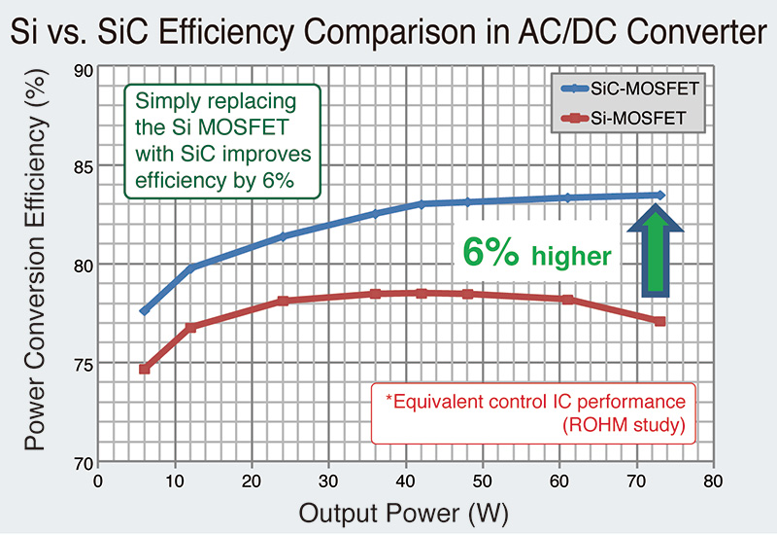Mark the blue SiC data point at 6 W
click(144, 311)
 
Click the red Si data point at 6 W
click(144, 370)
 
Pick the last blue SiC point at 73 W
click(660, 196)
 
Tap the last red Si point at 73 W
click(660, 321)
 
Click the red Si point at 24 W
click(283, 302)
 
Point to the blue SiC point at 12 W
click(190, 267)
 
